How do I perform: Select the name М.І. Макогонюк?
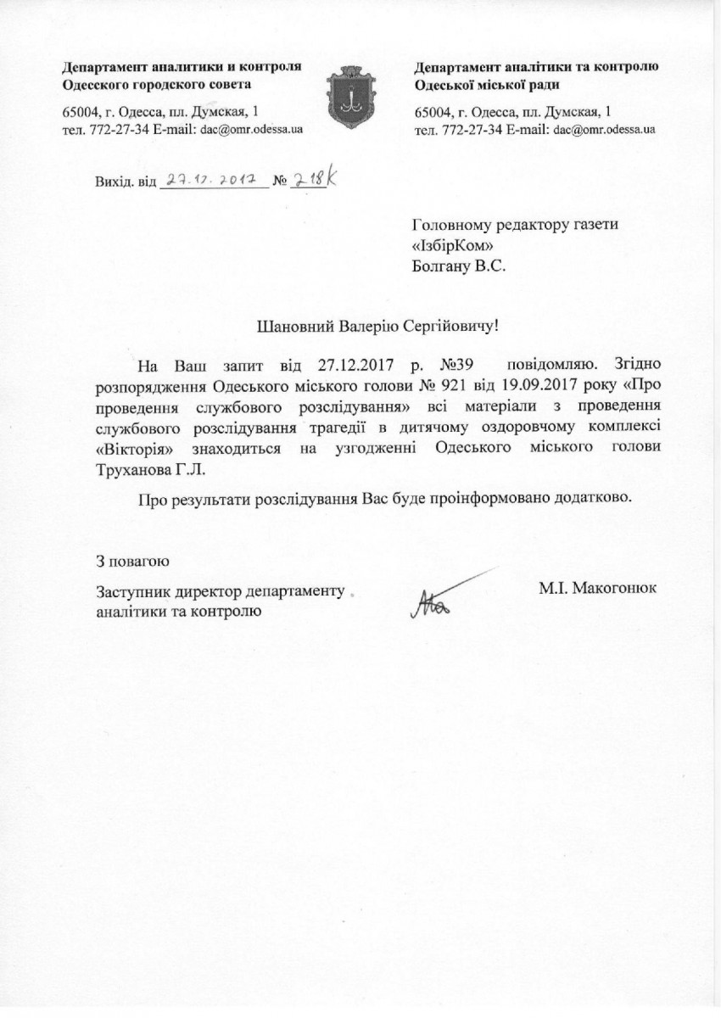[x=598, y=586]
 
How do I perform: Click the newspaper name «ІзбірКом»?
[x=451, y=244]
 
